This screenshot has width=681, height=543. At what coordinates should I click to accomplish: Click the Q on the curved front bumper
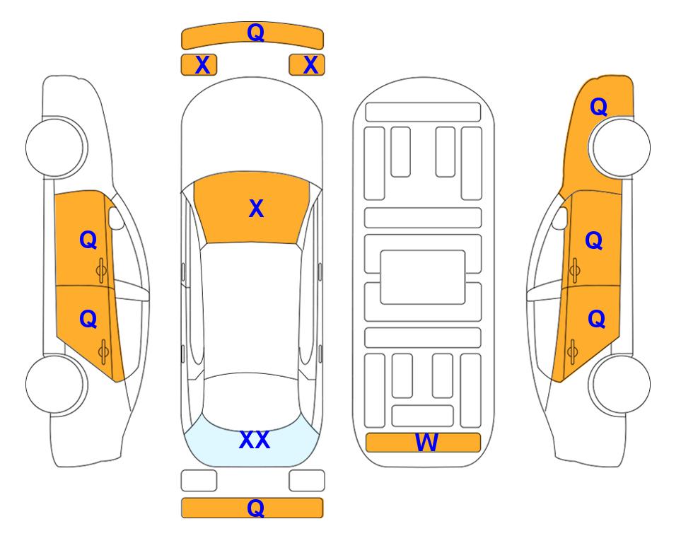pos(255,33)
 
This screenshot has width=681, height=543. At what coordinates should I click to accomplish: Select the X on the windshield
pos(256,209)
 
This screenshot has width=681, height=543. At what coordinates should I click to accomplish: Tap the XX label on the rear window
pos(255,440)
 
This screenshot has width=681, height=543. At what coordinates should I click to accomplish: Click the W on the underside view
pos(426,443)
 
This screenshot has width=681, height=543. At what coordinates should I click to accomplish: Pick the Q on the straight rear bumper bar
pos(255,508)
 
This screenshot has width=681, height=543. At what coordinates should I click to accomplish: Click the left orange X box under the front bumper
pos(199,65)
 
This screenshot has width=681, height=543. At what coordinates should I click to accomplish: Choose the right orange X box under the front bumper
pos(307,65)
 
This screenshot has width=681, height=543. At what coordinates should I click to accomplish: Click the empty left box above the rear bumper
pos(199,481)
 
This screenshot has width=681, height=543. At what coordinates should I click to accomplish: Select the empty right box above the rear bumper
pos(307,481)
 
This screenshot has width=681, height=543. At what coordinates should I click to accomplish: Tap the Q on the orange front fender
pos(598,107)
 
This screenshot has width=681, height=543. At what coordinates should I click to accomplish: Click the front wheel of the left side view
pos(56,147)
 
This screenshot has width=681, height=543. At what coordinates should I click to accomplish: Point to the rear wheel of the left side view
pos(56,384)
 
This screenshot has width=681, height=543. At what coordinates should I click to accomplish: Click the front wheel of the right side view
pos(620,147)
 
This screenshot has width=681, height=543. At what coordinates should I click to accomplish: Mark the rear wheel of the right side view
pos(620,384)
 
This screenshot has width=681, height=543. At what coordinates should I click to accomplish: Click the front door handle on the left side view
pos(102,271)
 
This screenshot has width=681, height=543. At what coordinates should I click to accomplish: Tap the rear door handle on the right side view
pos(572,352)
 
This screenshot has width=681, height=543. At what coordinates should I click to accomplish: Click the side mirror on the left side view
pos(116,218)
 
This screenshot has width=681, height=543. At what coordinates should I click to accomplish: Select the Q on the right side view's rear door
pos(596,320)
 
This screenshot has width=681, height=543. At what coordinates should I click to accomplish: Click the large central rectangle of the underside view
pos(423,277)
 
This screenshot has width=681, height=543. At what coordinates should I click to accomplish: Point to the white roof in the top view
pos(251,308)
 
